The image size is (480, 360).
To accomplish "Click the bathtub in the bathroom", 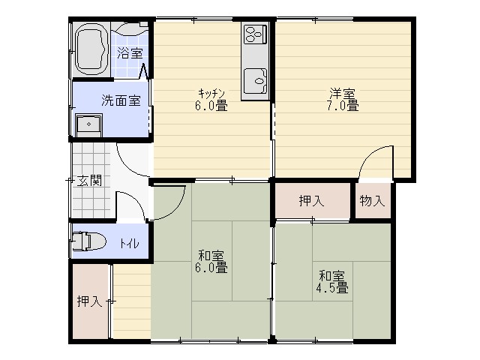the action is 91,49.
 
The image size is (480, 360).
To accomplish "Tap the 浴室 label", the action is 130,53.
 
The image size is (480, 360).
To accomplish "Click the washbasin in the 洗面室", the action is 88,125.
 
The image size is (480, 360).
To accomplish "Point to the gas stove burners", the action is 255,34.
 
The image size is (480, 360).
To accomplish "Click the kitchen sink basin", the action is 255,81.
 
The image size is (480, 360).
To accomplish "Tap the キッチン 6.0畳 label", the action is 211,100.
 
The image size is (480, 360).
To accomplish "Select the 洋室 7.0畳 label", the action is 343,100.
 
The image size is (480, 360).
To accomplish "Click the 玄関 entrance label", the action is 88,181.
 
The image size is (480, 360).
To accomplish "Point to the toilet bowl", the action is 89,241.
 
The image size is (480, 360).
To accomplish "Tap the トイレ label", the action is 130,243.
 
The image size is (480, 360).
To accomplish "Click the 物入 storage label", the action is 372,201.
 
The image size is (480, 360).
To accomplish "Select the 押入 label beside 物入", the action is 312,201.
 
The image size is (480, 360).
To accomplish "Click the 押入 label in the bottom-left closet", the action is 90,301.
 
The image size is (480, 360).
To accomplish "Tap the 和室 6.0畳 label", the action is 211,262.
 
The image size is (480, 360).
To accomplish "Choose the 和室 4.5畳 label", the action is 332,282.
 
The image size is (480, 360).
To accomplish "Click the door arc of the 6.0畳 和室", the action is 178,209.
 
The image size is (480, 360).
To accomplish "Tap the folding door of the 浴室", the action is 145,71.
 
